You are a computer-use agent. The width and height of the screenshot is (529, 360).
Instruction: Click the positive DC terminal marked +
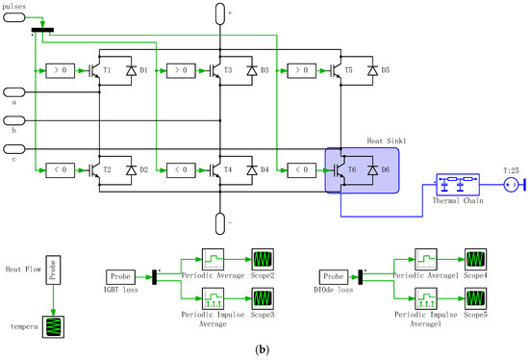click(220, 12)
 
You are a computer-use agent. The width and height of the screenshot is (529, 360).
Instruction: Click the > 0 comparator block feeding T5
click(300, 70)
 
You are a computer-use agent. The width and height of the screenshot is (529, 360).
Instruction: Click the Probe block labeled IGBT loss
click(123, 276)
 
